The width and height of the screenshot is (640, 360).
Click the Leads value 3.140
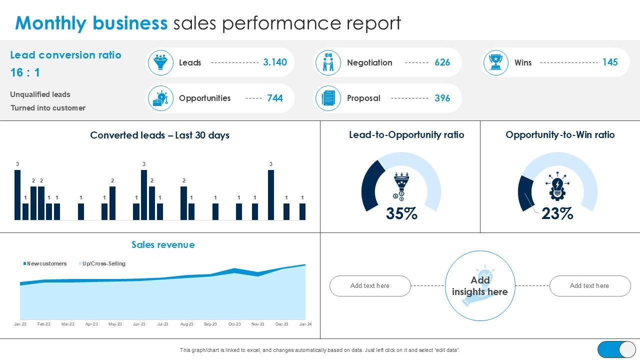tap(274, 62)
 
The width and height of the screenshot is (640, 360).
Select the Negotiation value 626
tap(442, 62)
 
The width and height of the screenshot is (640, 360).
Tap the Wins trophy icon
tap(496, 62)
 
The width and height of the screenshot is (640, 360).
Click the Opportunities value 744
tap(274, 98)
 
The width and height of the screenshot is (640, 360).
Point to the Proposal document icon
tap(328, 98)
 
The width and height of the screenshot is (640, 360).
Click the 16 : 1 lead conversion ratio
tap(25, 72)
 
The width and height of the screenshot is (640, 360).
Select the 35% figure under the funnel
tap(401, 213)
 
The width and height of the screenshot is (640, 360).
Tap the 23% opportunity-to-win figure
tap(557, 213)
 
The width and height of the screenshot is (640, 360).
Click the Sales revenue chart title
tap(163, 244)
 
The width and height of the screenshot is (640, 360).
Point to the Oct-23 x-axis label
tap(234, 324)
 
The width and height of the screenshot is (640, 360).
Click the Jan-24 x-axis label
tap(305, 324)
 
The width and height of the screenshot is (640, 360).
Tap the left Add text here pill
tap(370, 285)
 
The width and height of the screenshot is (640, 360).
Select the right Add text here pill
tap(589, 285)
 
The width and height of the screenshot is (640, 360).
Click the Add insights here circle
tap(480, 285)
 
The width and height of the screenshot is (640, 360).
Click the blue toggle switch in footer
tap(616, 349)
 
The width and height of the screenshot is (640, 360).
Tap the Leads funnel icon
tap(160, 62)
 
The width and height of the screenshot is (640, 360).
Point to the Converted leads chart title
tap(159, 135)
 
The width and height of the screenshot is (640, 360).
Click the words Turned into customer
tap(48, 108)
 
